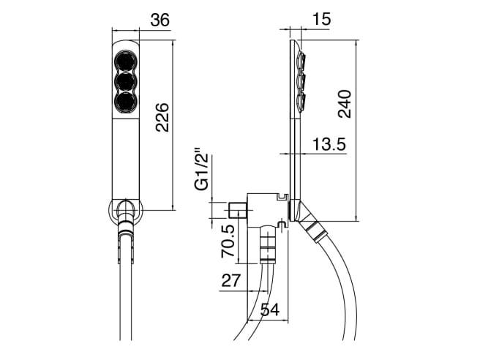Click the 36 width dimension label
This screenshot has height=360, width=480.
tap(160, 20)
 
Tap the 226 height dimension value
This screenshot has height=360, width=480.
tap(162, 117)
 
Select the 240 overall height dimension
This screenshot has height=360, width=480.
tap(345, 104)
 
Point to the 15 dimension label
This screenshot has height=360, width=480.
tap(321, 19)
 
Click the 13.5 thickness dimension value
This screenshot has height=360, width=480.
tap(329, 144)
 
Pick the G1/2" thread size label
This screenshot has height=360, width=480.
tap(203, 170)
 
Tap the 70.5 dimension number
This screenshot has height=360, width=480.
tap(228, 241)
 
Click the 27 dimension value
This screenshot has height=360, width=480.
tap(231, 280)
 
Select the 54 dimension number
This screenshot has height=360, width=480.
tap(270, 310)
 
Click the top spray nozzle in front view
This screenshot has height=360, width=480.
tap(126, 61)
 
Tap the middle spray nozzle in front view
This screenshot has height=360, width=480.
tap(126, 81)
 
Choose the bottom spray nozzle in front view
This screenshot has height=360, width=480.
tap(126, 102)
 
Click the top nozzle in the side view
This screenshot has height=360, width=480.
tap(302, 61)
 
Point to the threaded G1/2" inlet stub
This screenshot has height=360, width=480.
tap(238, 210)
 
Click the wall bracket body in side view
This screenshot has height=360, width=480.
tap(267, 211)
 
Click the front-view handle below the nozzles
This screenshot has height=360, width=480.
tap(126, 160)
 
